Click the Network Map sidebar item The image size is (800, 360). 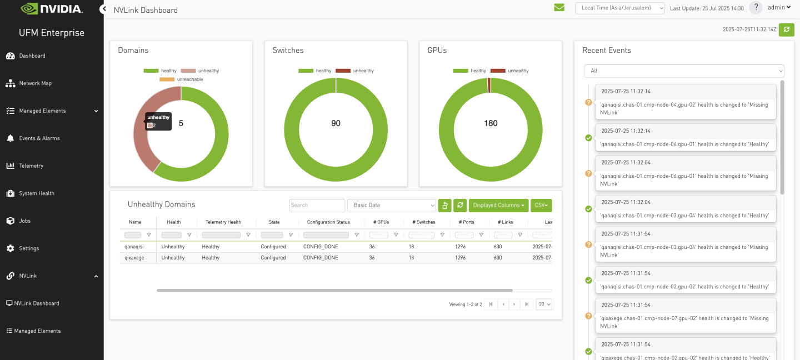[x=34, y=83]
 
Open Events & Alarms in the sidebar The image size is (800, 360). [x=39, y=138]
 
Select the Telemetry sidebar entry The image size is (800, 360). [x=31, y=166]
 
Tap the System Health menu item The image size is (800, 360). [x=36, y=193]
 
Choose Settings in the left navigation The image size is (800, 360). [x=28, y=248]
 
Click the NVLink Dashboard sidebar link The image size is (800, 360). [x=36, y=303]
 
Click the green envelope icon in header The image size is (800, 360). [x=559, y=8]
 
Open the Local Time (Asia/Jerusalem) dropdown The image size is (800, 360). [x=619, y=8]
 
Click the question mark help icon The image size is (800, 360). [x=756, y=8]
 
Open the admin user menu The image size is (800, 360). [x=779, y=8]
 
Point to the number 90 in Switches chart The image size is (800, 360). [x=336, y=123]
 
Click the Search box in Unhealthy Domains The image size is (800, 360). [x=317, y=206]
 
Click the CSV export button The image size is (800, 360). [x=541, y=206]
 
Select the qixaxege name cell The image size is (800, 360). [x=134, y=258]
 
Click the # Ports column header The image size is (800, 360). [x=466, y=222]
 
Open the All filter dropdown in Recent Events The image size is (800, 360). [x=683, y=71]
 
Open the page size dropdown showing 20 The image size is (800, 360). [x=543, y=304]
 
